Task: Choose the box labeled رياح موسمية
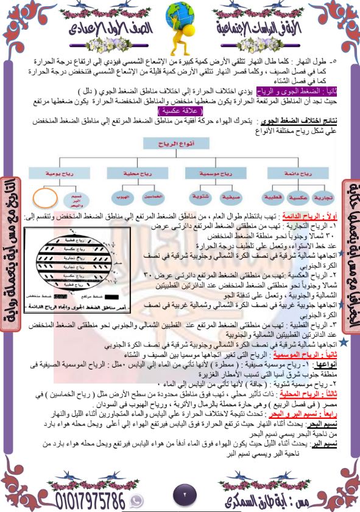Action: coord(208,173)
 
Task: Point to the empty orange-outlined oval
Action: coord(45,198)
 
